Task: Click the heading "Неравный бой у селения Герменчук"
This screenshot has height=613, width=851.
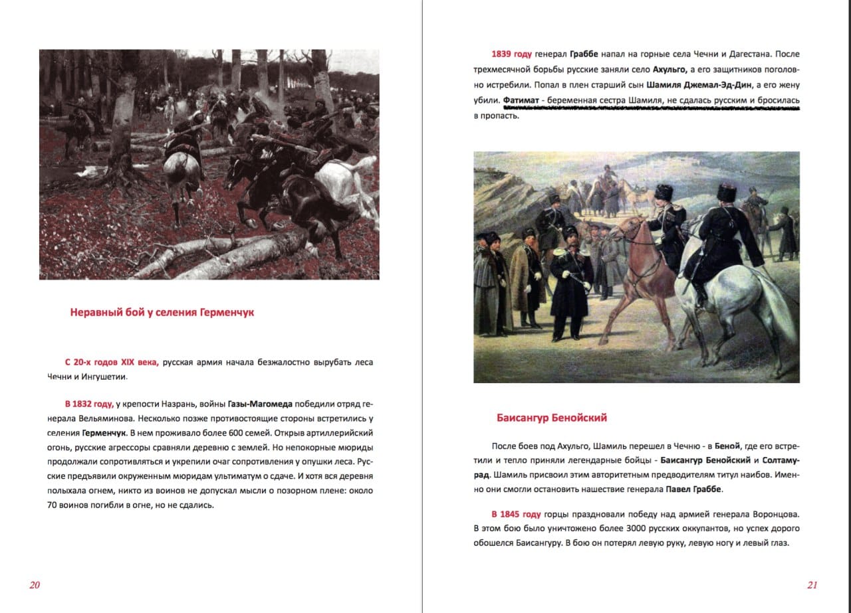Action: [162, 312]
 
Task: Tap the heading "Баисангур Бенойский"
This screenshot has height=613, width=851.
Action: [551, 418]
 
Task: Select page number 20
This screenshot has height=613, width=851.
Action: [35, 585]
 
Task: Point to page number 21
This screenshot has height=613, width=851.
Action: [812, 585]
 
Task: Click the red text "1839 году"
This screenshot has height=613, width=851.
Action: [511, 54]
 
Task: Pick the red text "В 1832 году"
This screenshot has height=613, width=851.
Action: [89, 404]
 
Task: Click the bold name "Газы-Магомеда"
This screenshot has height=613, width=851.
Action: [259, 404]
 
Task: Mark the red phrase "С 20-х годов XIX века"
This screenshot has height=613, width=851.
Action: [112, 363]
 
